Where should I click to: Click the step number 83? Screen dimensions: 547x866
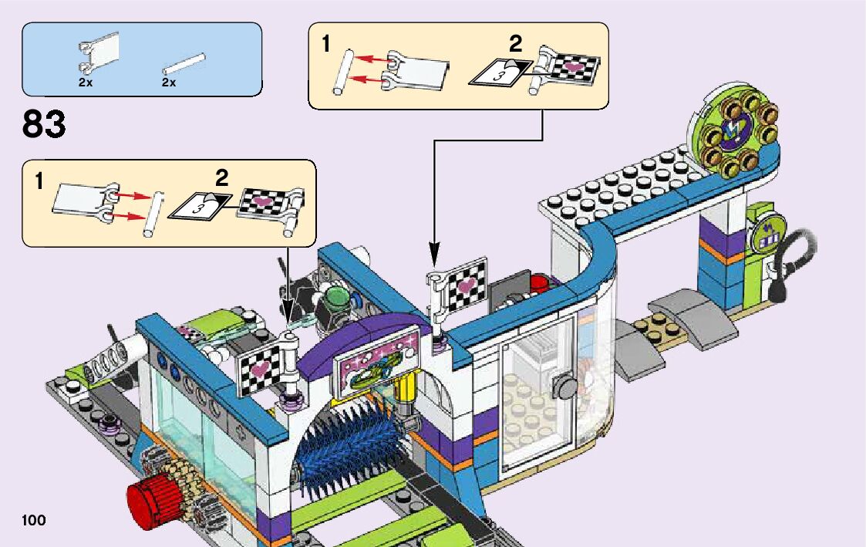pyautogui.click(x=44, y=123)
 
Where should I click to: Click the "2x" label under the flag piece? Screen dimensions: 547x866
pyautogui.click(x=85, y=82)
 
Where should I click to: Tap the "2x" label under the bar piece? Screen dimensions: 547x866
pyautogui.click(x=169, y=82)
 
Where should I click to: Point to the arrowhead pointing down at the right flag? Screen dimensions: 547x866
pyautogui.click(x=434, y=254)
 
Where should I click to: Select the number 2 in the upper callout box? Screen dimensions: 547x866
pyautogui.click(x=516, y=42)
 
